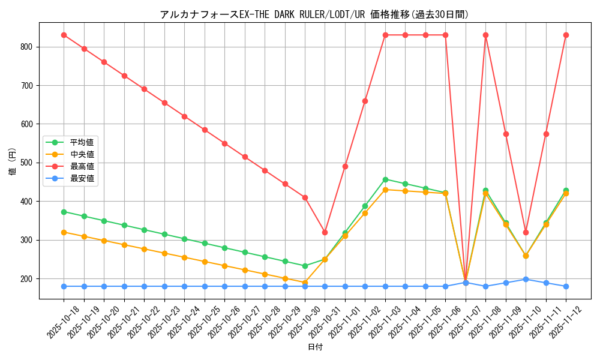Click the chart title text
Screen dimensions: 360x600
[x=314, y=14]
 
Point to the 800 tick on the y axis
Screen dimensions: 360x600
[x=28, y=47]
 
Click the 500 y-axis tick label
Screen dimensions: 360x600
[x=28, y=163]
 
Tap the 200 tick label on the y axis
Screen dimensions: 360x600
[x=28, y=279]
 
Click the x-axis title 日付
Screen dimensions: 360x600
[x=315, y=347]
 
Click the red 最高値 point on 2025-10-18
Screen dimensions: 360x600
[x=64, y=35]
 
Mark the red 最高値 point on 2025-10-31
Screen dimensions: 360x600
[x=325, y=232]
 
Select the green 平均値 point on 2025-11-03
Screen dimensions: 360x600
[x=385, y=179]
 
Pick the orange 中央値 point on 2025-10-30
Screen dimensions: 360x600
[x=305, y=283]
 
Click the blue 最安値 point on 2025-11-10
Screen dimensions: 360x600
[x=526, y=279]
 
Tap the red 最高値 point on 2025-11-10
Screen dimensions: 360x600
[x=526, y=232]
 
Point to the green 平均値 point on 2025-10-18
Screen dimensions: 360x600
[x=64, y=212]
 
